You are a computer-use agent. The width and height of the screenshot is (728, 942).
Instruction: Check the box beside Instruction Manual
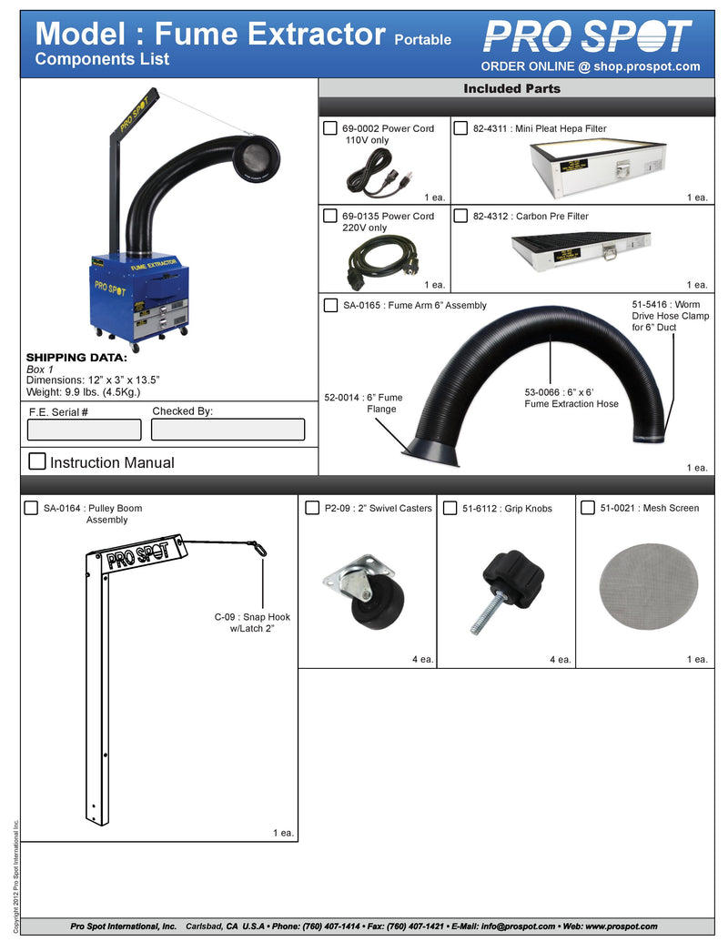click(37, 461)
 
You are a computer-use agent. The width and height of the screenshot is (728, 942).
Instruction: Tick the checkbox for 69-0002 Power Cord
click(331, 128)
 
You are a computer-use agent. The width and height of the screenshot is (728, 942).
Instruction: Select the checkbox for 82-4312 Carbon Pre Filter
click(461, 216)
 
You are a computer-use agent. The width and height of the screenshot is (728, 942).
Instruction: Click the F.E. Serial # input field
click(86, 430)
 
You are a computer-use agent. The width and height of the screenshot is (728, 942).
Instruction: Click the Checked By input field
click(227, 430)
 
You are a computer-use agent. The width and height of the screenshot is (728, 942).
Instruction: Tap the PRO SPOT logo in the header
click(587, 37)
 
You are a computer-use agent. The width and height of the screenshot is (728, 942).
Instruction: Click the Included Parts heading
click(511, 88)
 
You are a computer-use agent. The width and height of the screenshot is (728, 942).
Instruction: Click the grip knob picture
click(507, 592)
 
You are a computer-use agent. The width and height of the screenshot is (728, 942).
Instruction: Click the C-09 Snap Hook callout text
click(252, 623)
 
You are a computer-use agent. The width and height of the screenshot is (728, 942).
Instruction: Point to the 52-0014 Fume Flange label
click(363, 403)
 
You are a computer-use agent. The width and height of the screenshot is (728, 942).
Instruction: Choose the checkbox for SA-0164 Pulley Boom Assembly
click(31, 508)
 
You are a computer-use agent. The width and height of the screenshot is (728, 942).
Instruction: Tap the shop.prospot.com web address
click(642, 66)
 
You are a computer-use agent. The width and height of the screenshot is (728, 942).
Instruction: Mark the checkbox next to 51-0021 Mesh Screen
click(587, 508)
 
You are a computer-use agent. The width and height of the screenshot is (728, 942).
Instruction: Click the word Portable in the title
click(422, 40)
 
